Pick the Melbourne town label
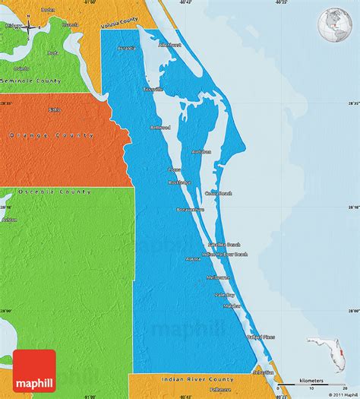click(219, 278)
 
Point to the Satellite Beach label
click(224, 245)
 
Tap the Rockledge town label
click(180, 182)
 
